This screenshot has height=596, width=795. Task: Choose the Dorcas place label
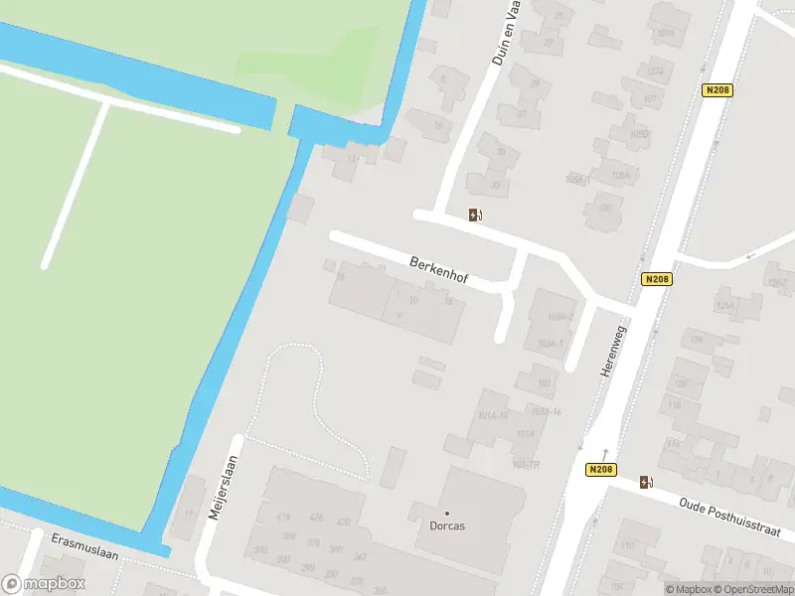(x=447, y=526)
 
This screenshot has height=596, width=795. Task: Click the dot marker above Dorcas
(x=447, y=513)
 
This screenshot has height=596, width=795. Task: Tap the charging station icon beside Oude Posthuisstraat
(x=647, y=483)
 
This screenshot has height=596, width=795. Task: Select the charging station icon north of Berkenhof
(x=476, y=215)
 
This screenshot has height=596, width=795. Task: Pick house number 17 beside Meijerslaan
(x=187, y=514)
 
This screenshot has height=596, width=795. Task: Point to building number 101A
(x=525, y=434)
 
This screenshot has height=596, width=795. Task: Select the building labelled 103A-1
(x=550, y=344)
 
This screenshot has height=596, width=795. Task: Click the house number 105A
(x=621, y=175)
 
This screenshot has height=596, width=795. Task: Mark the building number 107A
(x=655, y=72)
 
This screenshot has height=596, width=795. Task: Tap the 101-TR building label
(x=526, y=464)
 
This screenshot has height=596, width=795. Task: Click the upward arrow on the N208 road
(x=604, y=454)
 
